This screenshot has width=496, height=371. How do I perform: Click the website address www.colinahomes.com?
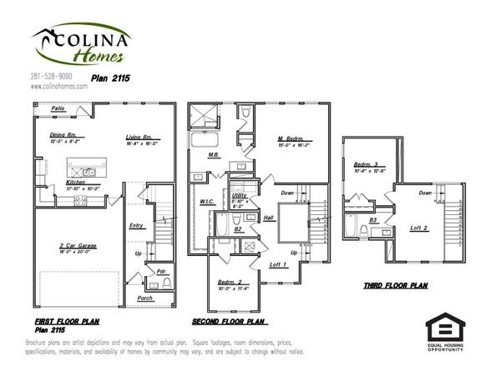pos(58,85)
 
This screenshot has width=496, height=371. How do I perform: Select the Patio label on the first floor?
pos(58,108)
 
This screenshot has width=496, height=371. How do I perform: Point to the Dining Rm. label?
pos(63,134)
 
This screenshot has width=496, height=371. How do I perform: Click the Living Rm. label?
pos(139,137)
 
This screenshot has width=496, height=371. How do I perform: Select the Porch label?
pos(144,297)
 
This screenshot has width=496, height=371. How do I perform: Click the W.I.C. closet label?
pos(208,201)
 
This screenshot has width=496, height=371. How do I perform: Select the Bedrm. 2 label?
pos(230,282)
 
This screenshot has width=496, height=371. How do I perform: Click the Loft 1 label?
pos(278,264)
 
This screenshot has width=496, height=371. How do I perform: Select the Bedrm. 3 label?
pos(366,164)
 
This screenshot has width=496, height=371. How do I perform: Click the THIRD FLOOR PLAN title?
pos(395,285)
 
